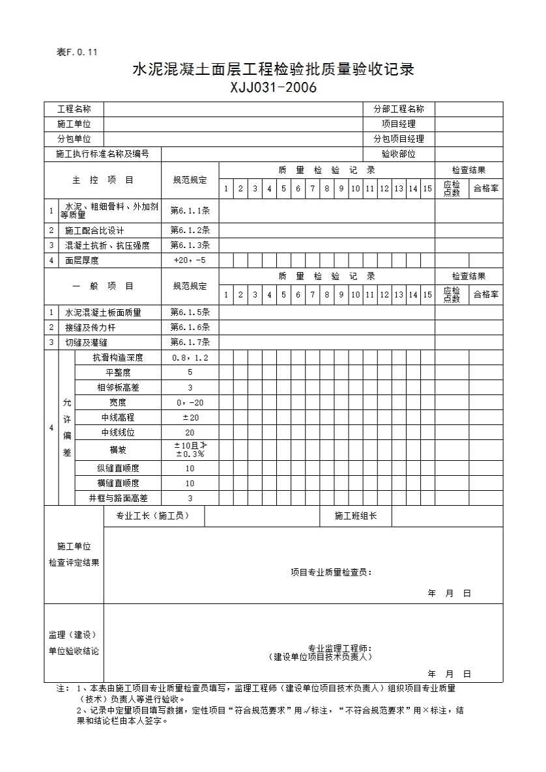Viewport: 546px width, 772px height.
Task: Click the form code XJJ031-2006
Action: (x=273, y=88)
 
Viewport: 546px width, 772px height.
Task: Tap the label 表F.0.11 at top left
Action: (x=77, y=53)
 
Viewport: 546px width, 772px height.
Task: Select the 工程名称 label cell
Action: (x=74, y=109)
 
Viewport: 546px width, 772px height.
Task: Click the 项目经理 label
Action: (x=398, y=124)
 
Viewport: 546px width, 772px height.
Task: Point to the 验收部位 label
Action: (x=398, y=154)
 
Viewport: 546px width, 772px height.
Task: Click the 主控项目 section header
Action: (x=102, y=180)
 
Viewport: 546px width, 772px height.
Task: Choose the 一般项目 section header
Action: (x=102, y=286)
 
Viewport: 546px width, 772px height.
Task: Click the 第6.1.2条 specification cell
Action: (x=190, y=230)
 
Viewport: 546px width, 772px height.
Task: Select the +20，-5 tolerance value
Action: (x=190, y=260)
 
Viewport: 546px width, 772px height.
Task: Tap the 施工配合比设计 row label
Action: (x=94, y=230)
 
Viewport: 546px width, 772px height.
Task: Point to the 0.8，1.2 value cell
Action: (x=190, y=357)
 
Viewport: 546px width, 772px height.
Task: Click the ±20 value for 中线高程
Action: (x=190, y=417)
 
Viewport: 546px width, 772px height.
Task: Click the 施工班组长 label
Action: (x=355, y=516)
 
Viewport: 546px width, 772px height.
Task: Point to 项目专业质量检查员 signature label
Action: (x=331, y=572)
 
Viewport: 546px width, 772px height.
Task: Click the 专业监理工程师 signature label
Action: (x=339, y=648)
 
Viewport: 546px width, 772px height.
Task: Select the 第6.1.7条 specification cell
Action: (x=190, y=342)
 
